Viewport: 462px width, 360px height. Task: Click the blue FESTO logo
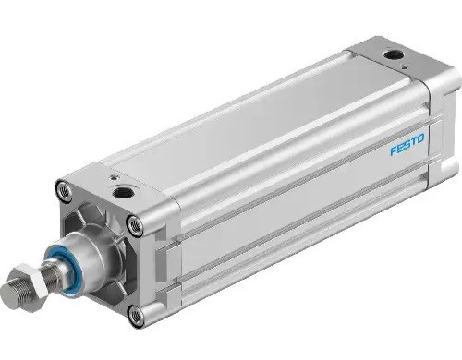[407, 144]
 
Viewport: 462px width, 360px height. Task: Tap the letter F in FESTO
[394, 150]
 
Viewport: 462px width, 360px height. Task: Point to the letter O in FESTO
[420, 138]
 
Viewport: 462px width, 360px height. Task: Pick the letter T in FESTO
[413, 141]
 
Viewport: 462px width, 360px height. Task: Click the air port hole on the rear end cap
[392, 55]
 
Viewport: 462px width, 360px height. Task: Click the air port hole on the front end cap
[123, 193]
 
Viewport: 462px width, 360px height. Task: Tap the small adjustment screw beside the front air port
[114, 178]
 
